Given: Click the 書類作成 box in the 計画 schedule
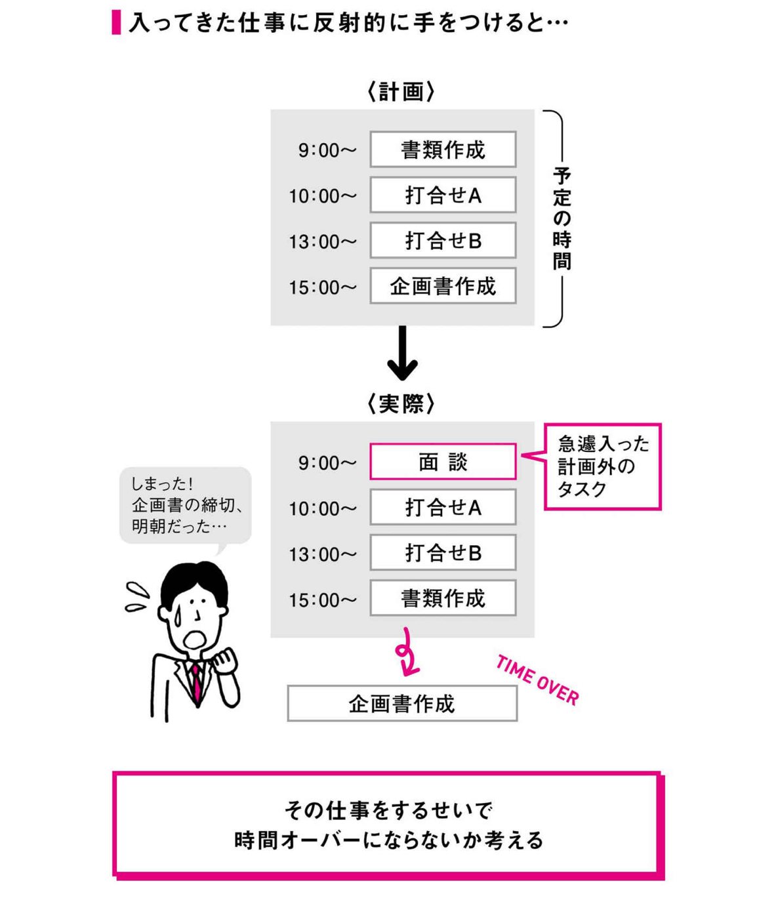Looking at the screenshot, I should pos(443,150).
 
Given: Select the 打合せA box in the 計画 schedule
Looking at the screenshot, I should pos(443,195).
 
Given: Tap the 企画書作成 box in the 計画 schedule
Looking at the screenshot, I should pos(443,286).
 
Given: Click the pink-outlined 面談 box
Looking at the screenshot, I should pos(443,462).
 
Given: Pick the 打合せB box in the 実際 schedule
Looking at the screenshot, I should pos(443,553).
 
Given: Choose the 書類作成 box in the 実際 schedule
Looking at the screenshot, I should pos(443,598).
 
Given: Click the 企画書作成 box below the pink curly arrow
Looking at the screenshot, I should pos(402,704).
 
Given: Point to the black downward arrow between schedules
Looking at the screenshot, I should pos(402,354).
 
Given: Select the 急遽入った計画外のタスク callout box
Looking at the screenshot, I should pos(603,466).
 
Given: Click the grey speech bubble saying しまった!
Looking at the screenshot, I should pos(186,505).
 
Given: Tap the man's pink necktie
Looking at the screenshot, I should pos(196,680).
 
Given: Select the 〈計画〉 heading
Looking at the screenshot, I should pos(401,92).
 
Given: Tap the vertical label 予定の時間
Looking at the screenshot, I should pos(562,218).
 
